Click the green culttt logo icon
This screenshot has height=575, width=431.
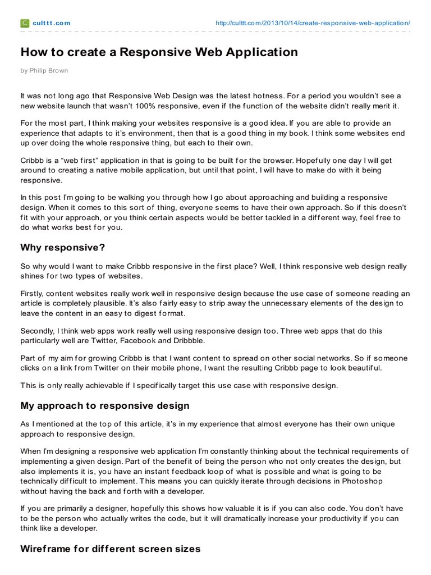pyautogui.click(x=25, y=23)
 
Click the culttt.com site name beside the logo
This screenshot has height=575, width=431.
pyautogui.click(x=52, y=23)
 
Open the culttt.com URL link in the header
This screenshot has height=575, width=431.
pyautogui.click(x=313, y=23)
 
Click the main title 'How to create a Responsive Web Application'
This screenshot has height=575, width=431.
pyautogui.click(x=159, y=53)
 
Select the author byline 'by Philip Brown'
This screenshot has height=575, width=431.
pyautogui.click(x=44, y=71)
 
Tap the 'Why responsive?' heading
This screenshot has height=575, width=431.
pyautogui.click(x=62, y=247)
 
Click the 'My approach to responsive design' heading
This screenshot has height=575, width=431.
pyautogui.click(x=105, y=405)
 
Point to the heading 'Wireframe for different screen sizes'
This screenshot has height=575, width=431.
pyautogui.click(x=110, y=548)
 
